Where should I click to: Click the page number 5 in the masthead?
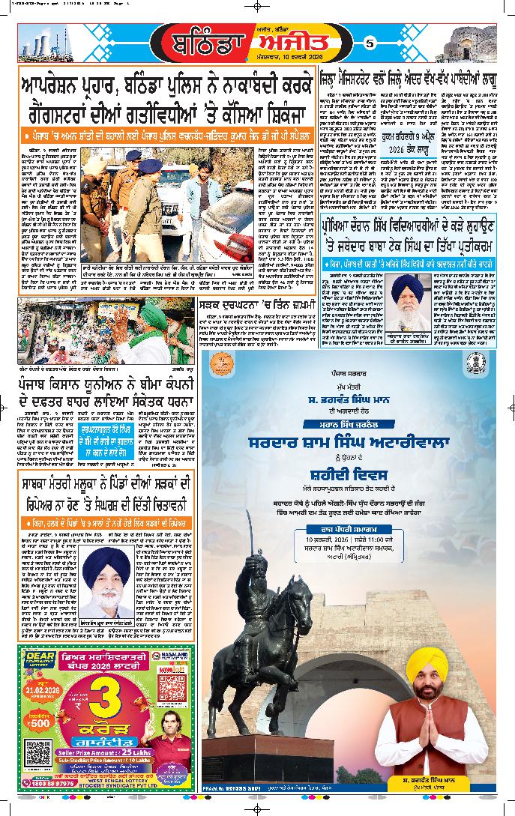click(x=369, y=43)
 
